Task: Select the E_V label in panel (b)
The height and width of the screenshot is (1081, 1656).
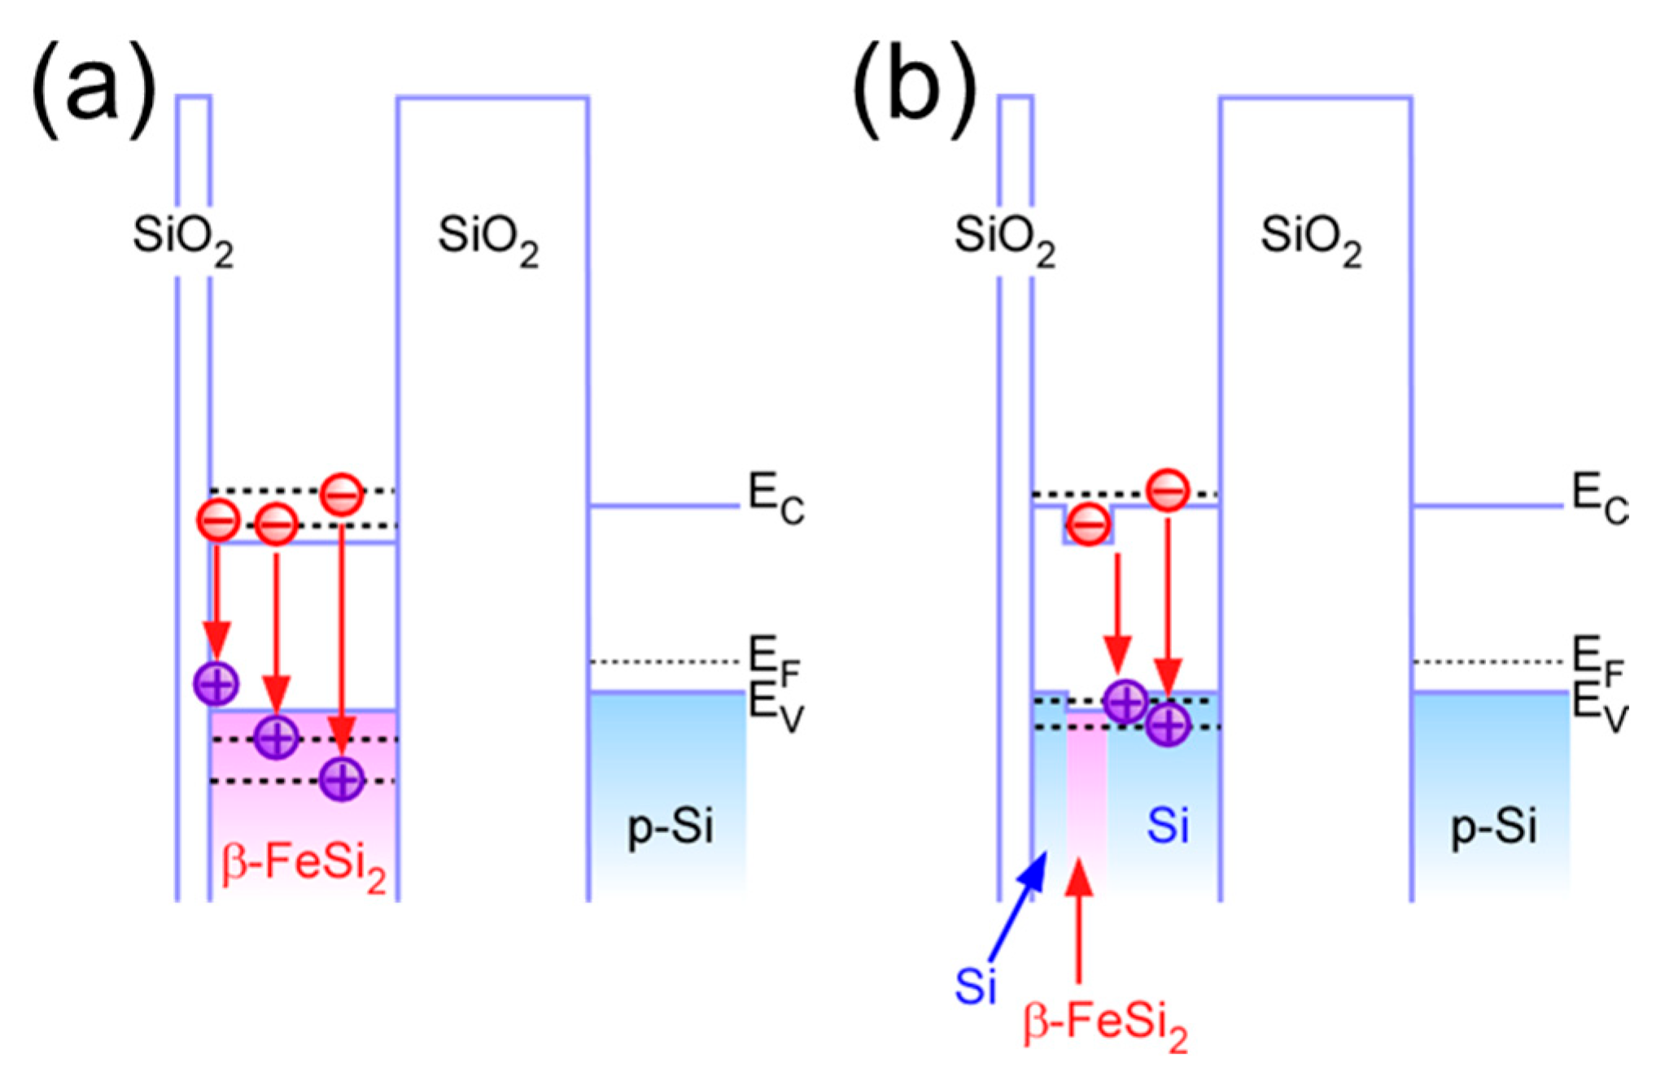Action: [1597, 706]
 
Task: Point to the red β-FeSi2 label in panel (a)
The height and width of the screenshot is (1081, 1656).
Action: [303, 865]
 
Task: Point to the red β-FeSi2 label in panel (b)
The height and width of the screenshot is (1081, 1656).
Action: [1104, 1025]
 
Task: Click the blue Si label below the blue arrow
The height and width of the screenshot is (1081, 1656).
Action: [975, 986]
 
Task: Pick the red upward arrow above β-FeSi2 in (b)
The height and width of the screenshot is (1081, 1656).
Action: [1079, 919]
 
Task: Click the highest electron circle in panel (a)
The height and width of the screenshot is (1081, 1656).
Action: [342, 494]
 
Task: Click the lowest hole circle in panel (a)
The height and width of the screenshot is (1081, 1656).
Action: [342, 779]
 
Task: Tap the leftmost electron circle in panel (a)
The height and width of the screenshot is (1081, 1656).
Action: [218, 521]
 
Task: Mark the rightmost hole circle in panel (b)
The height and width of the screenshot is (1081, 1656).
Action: [1168, 724]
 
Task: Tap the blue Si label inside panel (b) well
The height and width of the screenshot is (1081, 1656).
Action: [1167, 825]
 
